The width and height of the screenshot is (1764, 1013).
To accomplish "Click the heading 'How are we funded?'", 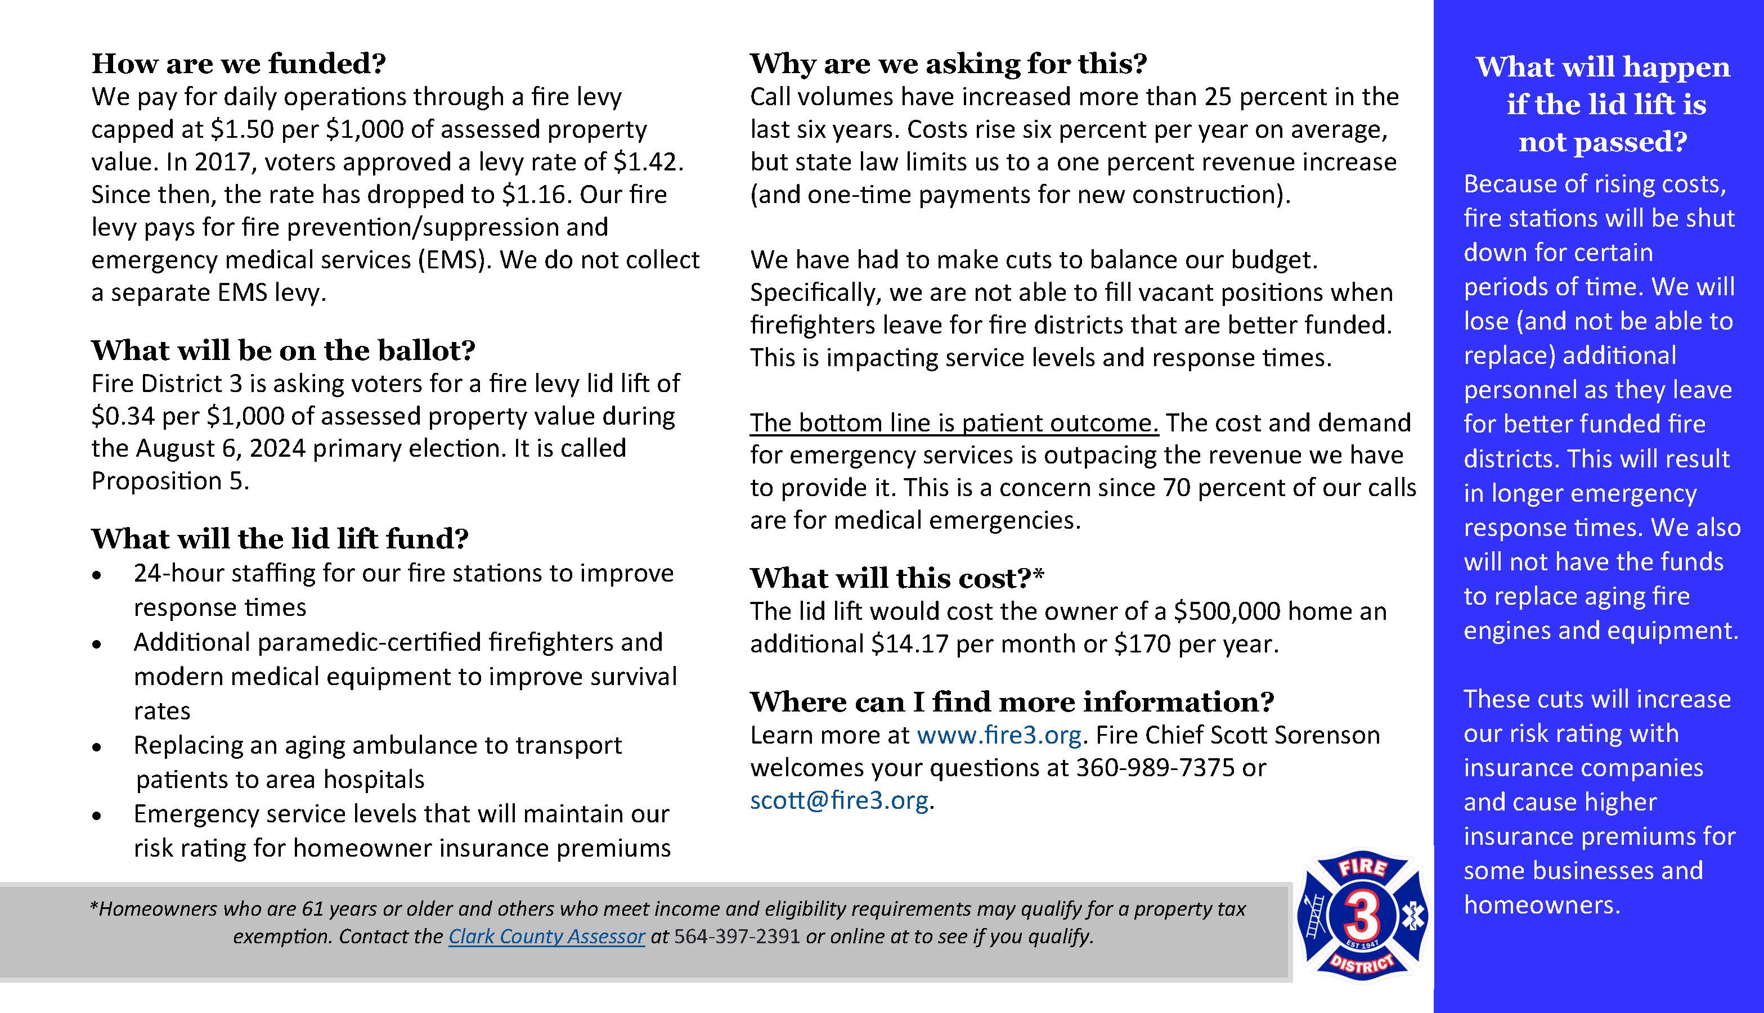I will click(238, 64).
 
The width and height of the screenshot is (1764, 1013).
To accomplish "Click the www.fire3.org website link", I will click(999, 735).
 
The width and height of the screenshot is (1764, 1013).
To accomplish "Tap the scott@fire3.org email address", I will click(838, 801).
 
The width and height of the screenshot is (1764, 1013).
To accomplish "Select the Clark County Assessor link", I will click(546, 937).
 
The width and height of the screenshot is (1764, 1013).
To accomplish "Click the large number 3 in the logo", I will click(1361, 916).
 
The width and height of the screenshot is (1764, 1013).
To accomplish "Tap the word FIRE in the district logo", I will click(1362, 867).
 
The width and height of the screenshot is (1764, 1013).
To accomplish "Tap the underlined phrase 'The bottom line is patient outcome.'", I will click(953, 423).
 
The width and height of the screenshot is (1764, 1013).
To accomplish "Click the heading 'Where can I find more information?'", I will click(1011, 702).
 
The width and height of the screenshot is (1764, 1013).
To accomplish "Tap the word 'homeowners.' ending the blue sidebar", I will click(1542, 905).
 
